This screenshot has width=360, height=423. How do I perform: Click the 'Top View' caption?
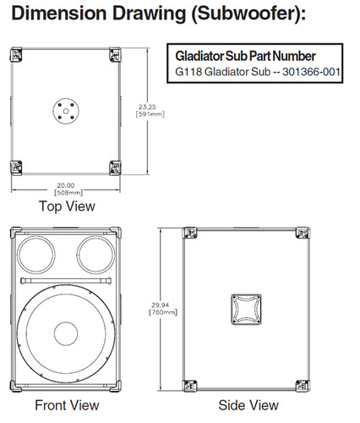coord(67,206)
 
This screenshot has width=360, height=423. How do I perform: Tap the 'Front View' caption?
coord(67,405)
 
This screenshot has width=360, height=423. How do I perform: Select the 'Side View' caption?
coord(248,405)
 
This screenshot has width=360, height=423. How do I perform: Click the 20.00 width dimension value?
coord(65,184)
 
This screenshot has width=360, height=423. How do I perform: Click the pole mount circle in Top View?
coord(64,109)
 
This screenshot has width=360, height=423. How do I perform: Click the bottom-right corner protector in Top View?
coord(113,167)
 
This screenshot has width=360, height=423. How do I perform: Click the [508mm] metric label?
coord(65,192)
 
